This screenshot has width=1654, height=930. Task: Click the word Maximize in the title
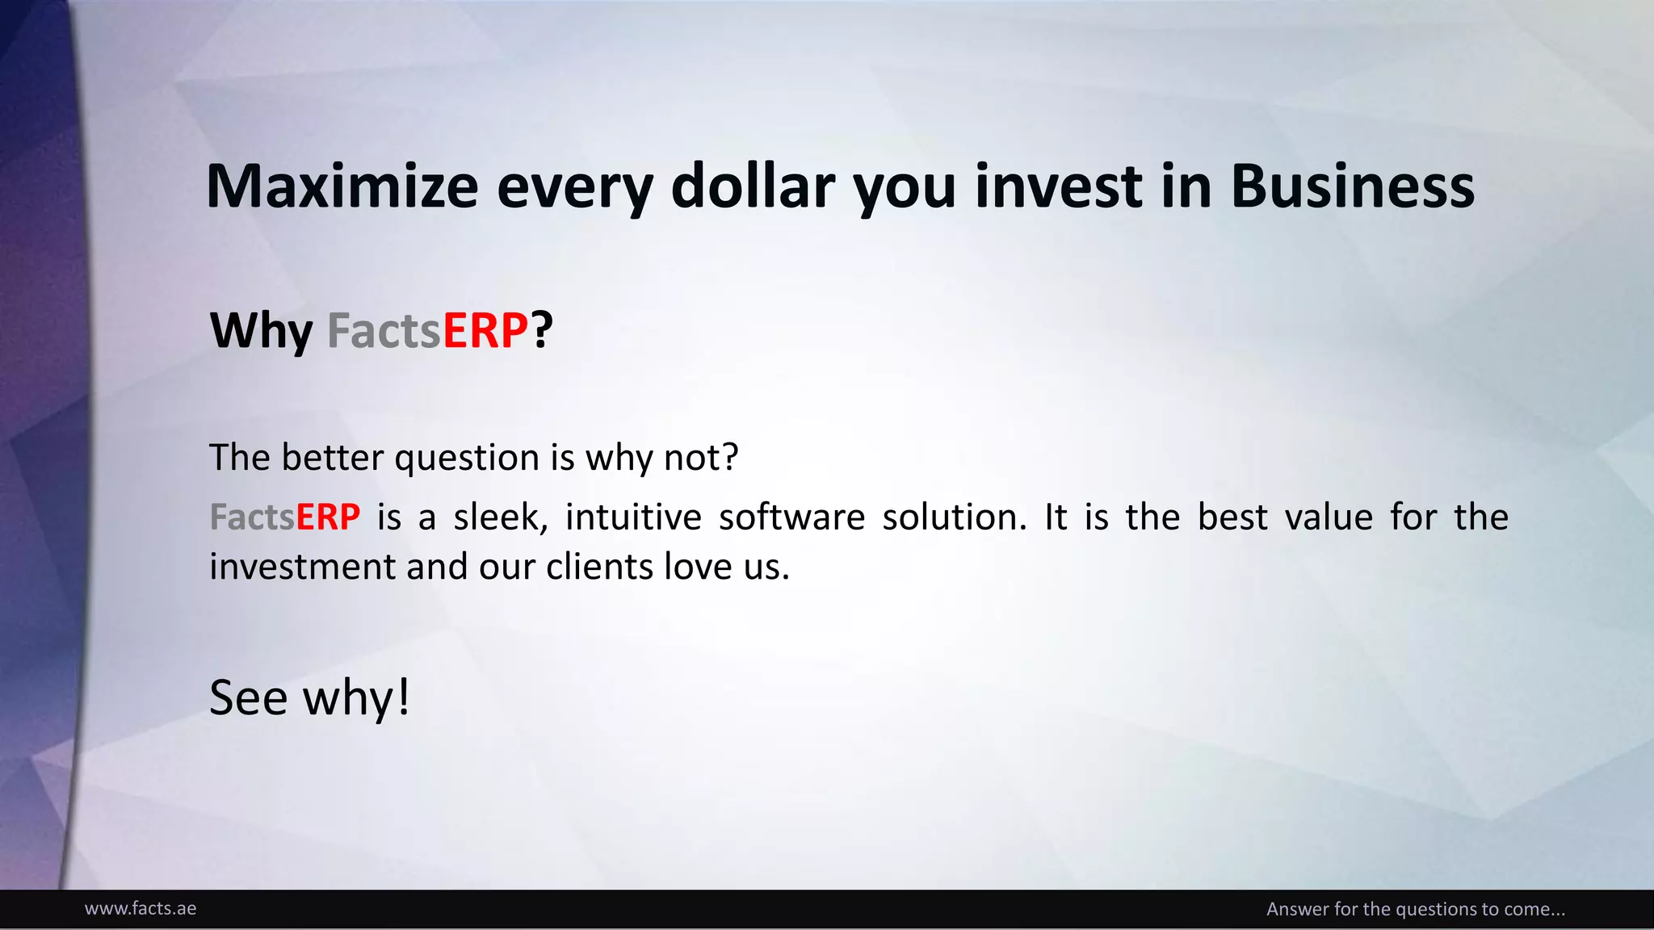[x=342, y=186]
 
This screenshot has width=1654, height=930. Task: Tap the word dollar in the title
[x=753, y=186]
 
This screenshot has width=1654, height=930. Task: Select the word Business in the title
[x=1353, y=186]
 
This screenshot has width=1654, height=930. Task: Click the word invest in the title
[x=1059, y=186]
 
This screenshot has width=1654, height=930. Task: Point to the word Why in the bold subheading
[x=261, y=331]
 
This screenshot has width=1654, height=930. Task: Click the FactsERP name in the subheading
[x=427, y=331]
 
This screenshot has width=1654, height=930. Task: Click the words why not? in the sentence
[x=661, y=458]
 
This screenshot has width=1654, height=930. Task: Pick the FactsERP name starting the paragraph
[x=284, y=517]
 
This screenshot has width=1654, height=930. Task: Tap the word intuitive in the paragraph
[x=633, y=517]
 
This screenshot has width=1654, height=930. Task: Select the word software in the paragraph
[x=791, y=517]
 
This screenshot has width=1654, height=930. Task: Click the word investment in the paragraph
[x=302, y=567]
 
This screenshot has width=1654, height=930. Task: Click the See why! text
[x=309, y=697]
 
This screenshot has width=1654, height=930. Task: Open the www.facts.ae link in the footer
[x=141, y=909]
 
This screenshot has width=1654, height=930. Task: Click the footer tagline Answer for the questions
[x=1415, y=909]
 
